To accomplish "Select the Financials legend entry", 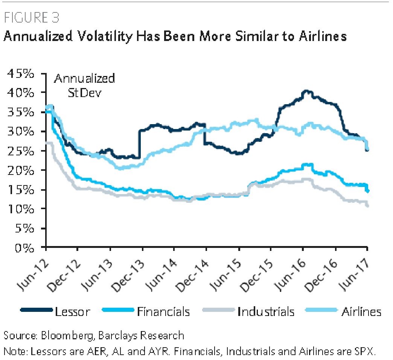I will [163, 311].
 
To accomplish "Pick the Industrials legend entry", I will [266, 311].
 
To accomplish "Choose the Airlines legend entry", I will [361, 311].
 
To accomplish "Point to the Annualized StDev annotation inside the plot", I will [84, 86].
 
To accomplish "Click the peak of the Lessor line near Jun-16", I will [307, 91].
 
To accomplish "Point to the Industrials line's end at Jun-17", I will [367, 205].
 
